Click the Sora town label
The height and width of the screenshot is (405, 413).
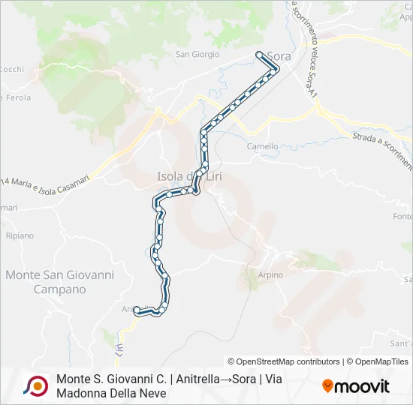coord(279,56)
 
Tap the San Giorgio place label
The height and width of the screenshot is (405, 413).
coord(197,54)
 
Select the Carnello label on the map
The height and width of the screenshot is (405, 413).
coord(263,146)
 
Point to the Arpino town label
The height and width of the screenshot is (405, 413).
coord(270,275)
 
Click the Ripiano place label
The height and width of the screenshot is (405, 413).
coord(20,235)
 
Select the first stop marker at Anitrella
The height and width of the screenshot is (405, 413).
coord(137,309)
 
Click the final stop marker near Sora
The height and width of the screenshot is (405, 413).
coord(260,54)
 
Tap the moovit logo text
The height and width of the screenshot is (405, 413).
coord(363,387)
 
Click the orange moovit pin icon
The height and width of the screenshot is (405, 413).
coord(327,386)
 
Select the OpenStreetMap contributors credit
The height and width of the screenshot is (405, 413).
coord(284,361)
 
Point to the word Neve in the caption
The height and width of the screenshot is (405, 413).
coord(151,394)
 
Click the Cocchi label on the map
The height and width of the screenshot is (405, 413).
coord(11,69)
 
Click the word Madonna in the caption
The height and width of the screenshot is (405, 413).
coord(83,394)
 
